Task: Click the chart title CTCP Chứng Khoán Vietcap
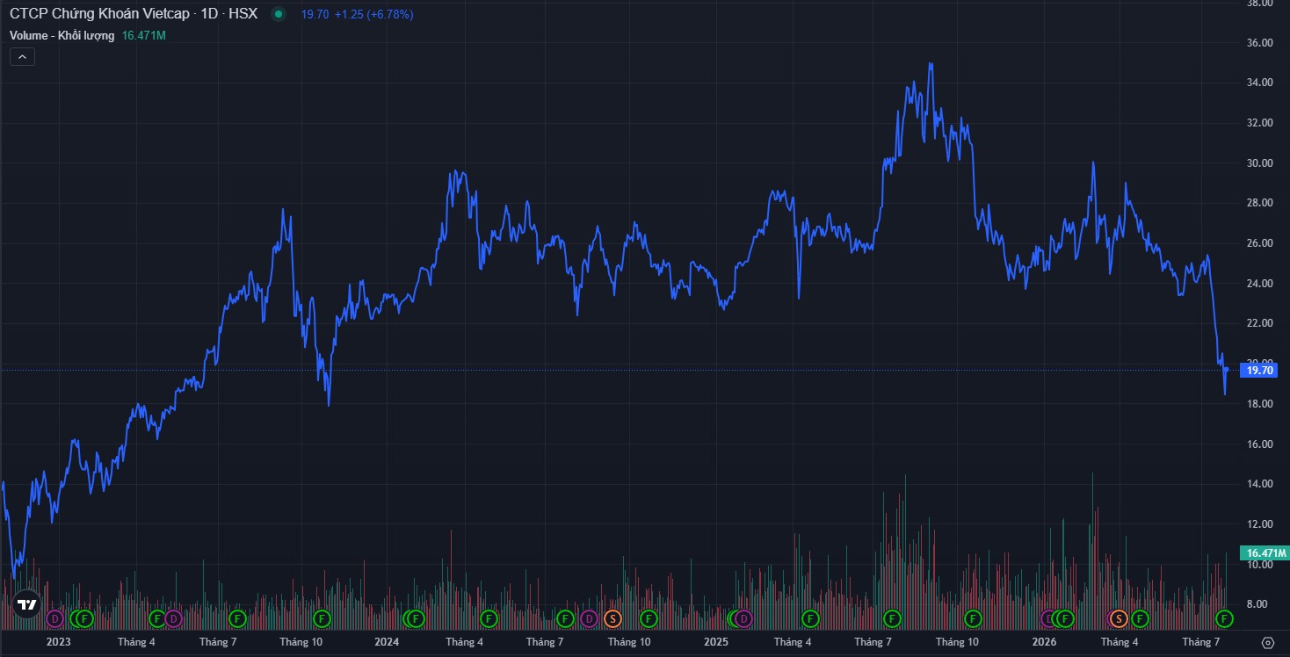point(99,14)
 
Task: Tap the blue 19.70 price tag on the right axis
point(1259,371)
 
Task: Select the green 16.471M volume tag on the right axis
point(1265,552)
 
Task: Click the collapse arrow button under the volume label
point(23,57)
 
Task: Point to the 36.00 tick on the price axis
point(1259,43)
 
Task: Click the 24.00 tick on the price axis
point(1259,284)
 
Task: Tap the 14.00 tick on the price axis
point(1259,484)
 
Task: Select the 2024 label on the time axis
point(387,641)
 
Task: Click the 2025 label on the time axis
point(716,641)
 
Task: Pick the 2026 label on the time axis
point(1044,641)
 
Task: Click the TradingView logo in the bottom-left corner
point(26,604)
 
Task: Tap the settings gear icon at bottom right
point(1267,643)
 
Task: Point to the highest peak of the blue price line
point(931,64)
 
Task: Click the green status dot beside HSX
point(279,14)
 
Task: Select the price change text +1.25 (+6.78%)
point(373,14)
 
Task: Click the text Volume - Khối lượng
point(62,36)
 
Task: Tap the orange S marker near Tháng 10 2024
point(612,619)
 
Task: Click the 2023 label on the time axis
point(58,641)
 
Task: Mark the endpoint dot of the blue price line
point(1226,369)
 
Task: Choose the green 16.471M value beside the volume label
point(143,36)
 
